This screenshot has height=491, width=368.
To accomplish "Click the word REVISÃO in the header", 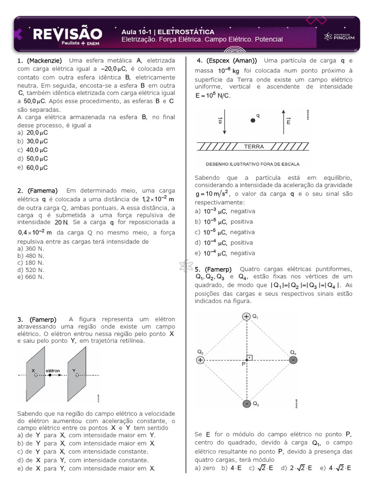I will pos(68,34).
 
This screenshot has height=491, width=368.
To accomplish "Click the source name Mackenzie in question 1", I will pos(45,61).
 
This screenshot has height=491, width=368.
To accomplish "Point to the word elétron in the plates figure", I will pos(53,371).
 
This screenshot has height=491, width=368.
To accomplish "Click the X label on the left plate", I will pos(34,371).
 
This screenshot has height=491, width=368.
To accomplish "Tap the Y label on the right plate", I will pos(74,371).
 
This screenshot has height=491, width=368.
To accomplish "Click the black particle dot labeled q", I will pos(253,120).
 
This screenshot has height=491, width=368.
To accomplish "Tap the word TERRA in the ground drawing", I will pos(254,146).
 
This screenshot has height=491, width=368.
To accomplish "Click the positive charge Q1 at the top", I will pos(246,316).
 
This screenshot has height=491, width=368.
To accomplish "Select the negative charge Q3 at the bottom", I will pos(246,404).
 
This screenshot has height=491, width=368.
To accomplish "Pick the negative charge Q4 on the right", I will pos(293,360).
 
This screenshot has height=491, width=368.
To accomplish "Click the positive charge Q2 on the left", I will pos(200,360).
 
